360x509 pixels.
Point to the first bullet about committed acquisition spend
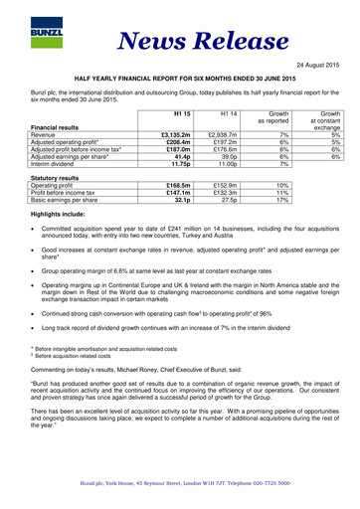pyautogui.click(x=189, y=277)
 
